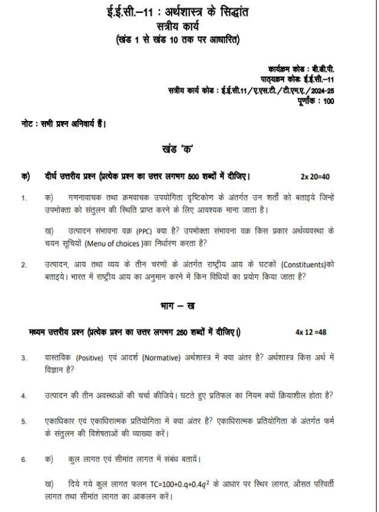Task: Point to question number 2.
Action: pyautogui.click(x=24, y=268)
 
